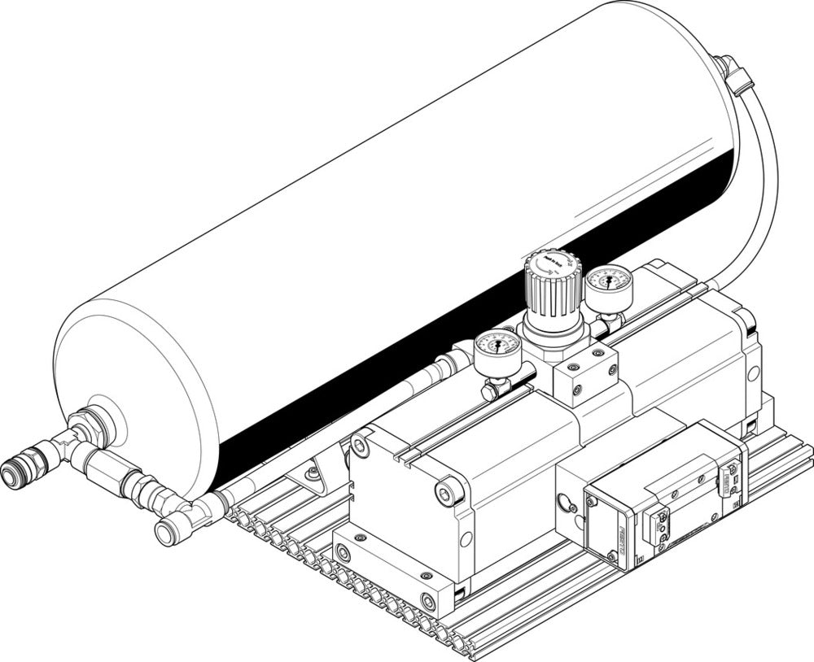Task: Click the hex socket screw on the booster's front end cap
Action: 445,490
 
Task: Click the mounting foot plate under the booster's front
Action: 391,569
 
